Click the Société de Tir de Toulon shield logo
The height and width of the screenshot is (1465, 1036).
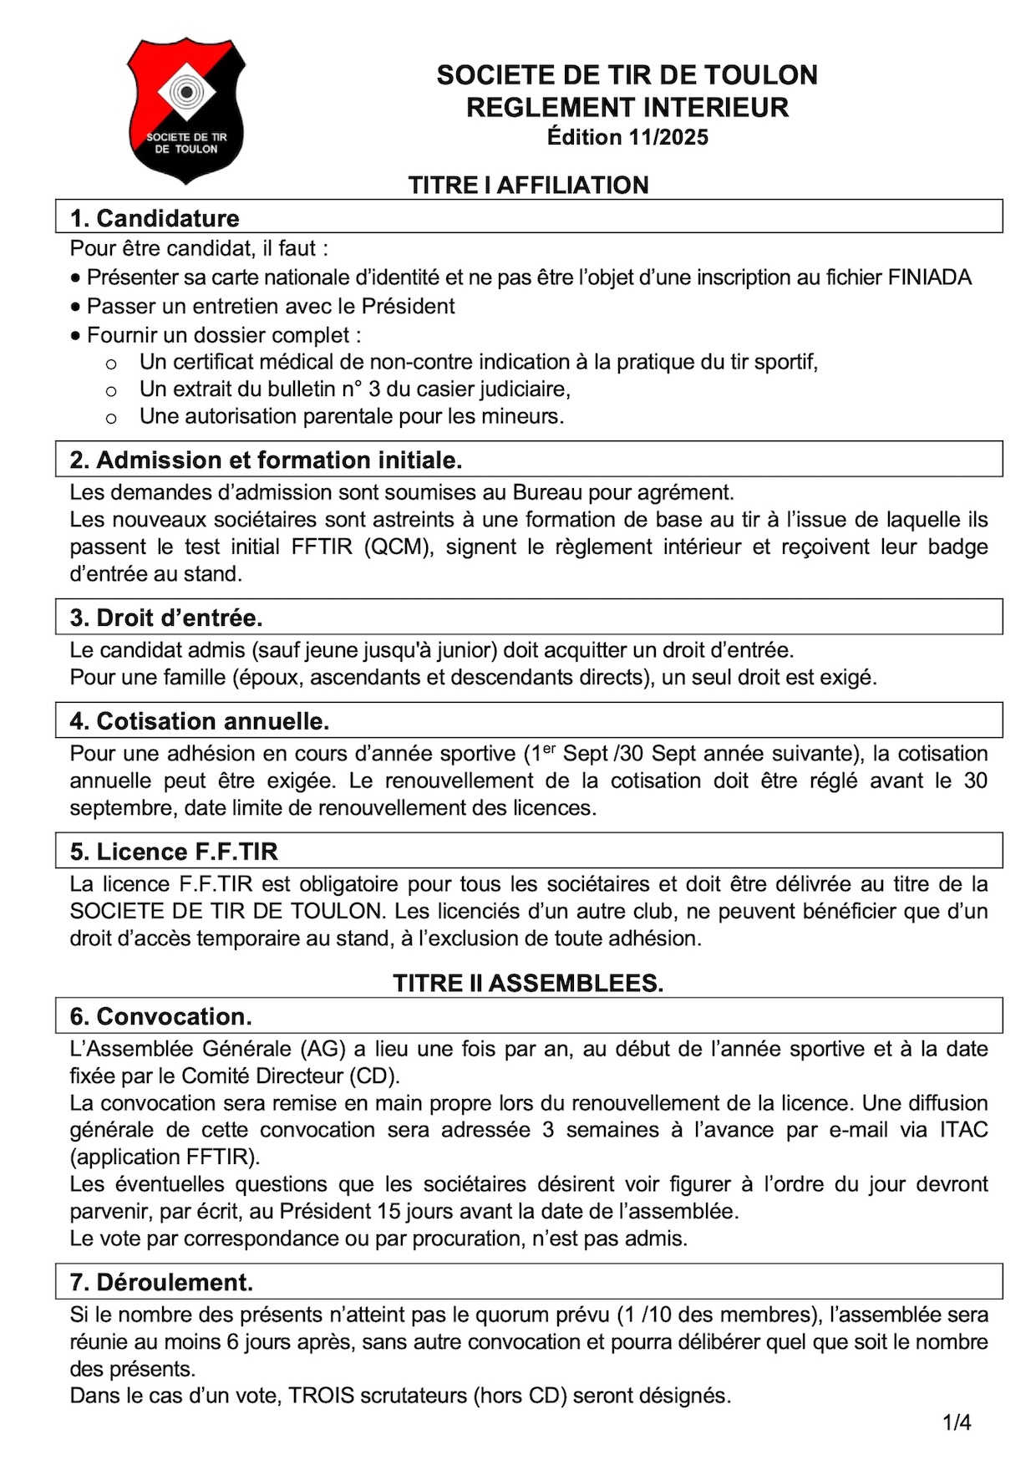pos(185,109)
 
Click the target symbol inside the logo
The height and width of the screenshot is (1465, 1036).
pos(187,90)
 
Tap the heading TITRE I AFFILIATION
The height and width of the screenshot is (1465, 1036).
pos(528,185)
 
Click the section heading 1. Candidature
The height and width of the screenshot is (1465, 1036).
pos(155,218)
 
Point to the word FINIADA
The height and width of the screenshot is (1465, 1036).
pos(929,277)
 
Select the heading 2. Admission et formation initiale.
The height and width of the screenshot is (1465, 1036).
pos(266,460)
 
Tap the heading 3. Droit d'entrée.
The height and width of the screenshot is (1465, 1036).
pos(166,618)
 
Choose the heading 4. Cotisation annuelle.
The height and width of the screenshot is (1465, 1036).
pos(200,720)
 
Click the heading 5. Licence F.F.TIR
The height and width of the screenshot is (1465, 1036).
pos(174,851)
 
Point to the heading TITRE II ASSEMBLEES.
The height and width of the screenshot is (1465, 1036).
pos(528,983)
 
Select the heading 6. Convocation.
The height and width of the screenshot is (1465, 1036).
pos(160,1016)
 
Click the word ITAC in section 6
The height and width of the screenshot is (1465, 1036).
pos(963,1130)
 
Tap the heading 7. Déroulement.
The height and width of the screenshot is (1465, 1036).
pos(161,1282)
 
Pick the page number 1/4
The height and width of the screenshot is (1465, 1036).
pos(957,1422)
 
